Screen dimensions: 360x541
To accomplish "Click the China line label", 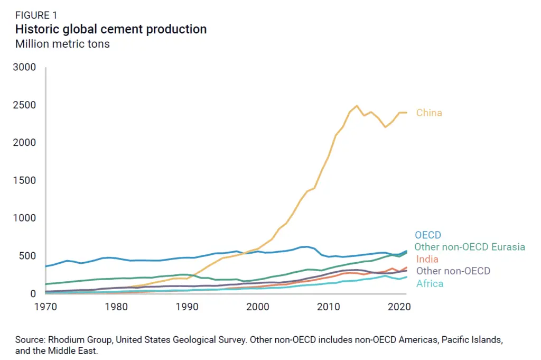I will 429,113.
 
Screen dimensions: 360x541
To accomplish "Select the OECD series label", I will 427,235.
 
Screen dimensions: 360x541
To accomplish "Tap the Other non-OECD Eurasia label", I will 469,247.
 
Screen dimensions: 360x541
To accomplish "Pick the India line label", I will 428,259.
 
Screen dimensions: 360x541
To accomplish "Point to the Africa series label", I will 430,283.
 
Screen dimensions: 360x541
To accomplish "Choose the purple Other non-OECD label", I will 453,271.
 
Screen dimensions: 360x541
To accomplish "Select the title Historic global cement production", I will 110,29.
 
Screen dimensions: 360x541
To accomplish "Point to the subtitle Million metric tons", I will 62,44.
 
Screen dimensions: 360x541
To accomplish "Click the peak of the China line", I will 357,106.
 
